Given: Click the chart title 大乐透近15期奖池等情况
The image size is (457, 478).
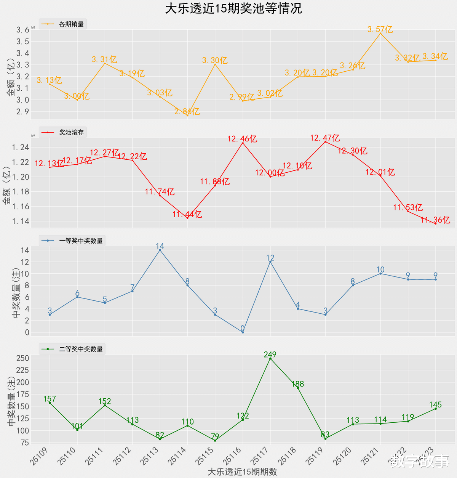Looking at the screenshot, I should click(233, 8).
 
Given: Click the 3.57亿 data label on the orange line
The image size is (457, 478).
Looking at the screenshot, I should click(380, 29).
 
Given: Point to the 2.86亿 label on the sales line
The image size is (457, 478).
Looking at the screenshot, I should click(187, 112).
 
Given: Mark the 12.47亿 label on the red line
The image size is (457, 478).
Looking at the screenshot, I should click(325, 138).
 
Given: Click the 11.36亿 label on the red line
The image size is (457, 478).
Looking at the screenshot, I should click(436, 220).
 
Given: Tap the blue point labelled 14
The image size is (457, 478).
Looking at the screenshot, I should click(160, 250).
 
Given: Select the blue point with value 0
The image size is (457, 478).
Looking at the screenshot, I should click(243, 332).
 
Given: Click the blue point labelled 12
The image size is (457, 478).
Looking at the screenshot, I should click(270, 262).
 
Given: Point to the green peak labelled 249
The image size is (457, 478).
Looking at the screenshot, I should click(270, 359).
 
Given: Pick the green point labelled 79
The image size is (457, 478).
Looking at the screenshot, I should click(215, 441).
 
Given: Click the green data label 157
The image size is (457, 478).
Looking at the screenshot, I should click(50, 399).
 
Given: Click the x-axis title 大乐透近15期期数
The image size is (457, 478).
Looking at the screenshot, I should click(242, 472).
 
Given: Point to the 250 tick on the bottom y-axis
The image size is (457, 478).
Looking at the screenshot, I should click(22, 358).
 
